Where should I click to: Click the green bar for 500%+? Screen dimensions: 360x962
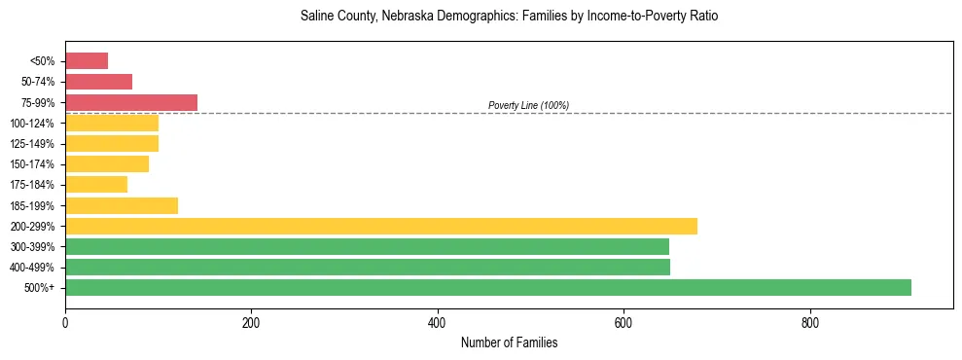487,287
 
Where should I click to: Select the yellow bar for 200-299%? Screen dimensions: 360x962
380,226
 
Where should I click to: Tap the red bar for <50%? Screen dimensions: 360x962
87,60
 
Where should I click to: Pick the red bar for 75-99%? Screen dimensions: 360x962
131,102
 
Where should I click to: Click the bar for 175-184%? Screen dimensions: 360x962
96,185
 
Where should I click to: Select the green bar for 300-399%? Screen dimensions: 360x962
367,246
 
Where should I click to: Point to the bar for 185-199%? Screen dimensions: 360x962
122,205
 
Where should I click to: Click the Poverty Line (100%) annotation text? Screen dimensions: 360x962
528,105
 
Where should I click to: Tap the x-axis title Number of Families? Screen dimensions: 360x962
509,342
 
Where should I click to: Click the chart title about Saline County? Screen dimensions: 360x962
509,18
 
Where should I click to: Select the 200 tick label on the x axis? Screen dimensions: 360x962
251,322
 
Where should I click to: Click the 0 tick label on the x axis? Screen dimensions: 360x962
65,322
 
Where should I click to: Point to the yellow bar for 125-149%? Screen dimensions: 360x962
112,143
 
